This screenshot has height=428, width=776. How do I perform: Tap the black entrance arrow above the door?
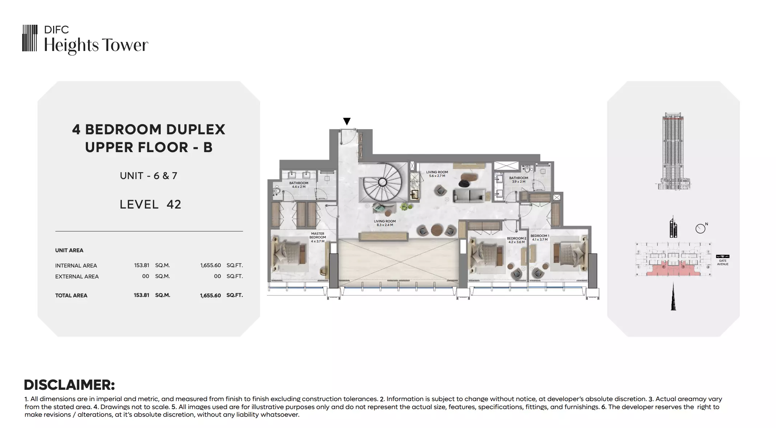(347, 121)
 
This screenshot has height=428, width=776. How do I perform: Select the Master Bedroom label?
(317, 237)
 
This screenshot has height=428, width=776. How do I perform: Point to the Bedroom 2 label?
(516, 240)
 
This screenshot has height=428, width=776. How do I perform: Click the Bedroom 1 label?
(540, 238)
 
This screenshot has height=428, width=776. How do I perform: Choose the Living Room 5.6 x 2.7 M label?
(437, 174)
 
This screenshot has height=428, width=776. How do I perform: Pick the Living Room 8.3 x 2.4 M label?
(385, 223)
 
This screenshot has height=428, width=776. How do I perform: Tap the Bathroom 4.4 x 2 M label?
(299, 185)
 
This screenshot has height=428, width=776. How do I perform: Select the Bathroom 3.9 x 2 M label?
(519, 180)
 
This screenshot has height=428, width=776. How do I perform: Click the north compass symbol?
(701, 228)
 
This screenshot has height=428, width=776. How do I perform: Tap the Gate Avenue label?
(723, 262)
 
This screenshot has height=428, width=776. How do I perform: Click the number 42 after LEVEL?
(174, 205)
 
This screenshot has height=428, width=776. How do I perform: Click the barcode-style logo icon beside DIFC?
(30, 38)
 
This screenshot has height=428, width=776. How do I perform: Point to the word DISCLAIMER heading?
(69, 385)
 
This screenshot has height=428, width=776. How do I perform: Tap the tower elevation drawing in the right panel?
(674, 151)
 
